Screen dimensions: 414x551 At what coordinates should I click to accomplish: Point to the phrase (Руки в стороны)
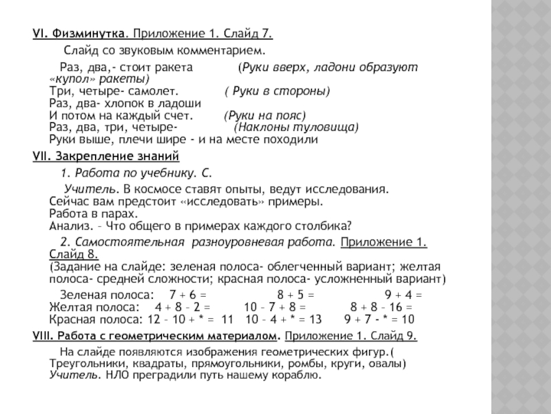[x=277, y=92]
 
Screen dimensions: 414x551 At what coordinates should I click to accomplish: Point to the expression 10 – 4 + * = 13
[x=283, y=319]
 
